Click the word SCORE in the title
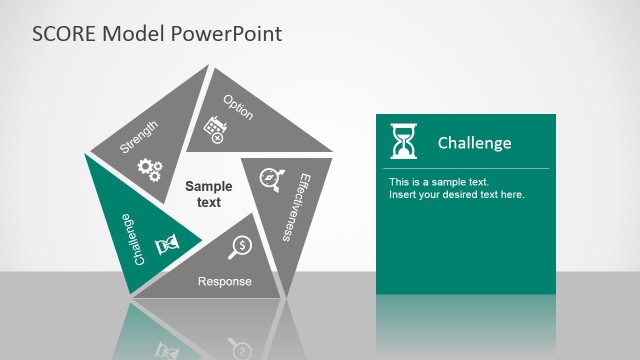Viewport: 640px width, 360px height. pyautogui.click(x=67, y=34)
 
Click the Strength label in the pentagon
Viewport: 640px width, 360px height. pyautogui.click(x=139, y=135)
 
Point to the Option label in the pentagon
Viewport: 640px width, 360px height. pyautogui.click(x=238, y=107)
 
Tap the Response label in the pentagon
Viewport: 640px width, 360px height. pyautogui.click(x=225, y=282)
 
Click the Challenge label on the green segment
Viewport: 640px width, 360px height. pyautogui.click(x=127, y=238)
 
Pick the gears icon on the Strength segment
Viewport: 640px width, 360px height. pyautogui.click(x=149, y=169)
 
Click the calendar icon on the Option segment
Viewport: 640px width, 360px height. pyautogui.click(x=213, y=128)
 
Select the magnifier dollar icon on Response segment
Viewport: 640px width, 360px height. pyautogui.click(x=240, y=246)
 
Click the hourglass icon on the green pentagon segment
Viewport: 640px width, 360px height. pyautogui.click(x=167, y=243)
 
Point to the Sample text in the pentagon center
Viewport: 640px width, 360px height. pyautogui.click(x=209, y=194)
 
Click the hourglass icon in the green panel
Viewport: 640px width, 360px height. pyautogui.click(x=404, y=141)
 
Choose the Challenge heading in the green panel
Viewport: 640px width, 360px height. pyautogui.click(x=474, y=143)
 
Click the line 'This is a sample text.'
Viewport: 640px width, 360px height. pyautogui.click(x=438, y=182)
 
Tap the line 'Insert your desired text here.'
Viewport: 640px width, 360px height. pyautogui.click(x=456, y=194)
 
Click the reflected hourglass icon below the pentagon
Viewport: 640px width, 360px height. pyautogui.click(x=167, y=349)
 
